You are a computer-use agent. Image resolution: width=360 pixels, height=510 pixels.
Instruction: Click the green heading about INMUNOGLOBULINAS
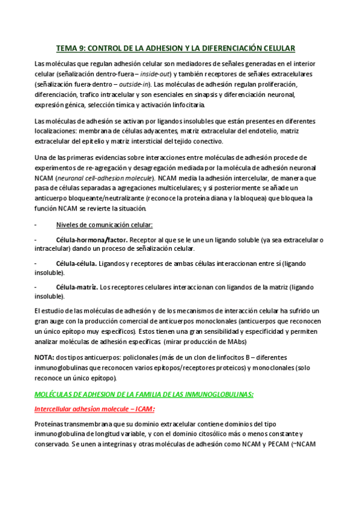pyautogui.click(x=144, y=394)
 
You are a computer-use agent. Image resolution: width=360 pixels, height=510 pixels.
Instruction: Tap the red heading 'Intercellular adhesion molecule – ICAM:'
pyautogui.click(x=95, y=409)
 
